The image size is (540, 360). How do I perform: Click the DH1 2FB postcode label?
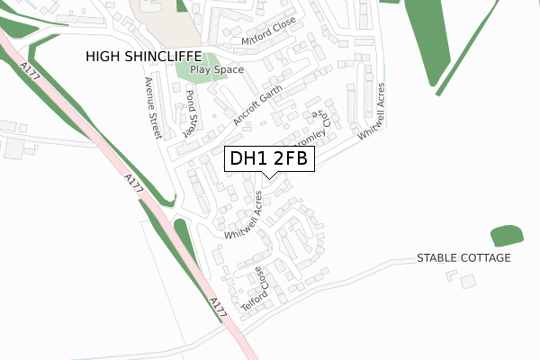[269, 158]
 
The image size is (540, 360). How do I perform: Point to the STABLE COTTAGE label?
[463, 258]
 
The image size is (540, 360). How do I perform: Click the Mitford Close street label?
[268, 37]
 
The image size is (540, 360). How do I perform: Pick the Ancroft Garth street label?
[257, 104]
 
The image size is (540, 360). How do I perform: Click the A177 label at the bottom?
[216, 306]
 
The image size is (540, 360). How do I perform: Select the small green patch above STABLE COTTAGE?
[507, 237]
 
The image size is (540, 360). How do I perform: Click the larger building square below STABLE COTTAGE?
[467, 283]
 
